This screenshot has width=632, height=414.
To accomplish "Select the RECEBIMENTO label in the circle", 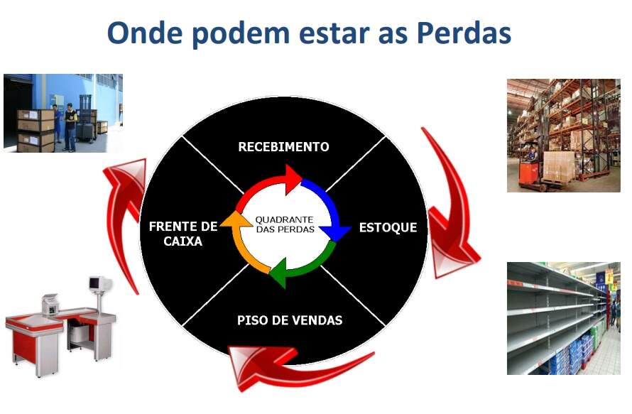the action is pos(283,147).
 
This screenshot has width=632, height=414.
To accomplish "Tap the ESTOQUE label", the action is pos(388,228).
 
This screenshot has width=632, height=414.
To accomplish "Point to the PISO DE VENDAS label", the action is pos(290,320).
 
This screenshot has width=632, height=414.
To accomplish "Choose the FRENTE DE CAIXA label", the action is pos(183,234).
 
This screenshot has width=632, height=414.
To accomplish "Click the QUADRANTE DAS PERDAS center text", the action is pos(285,224).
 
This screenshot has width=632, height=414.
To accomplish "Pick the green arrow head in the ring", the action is pos(278,273).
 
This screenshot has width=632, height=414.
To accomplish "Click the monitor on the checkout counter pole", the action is pos(99,283).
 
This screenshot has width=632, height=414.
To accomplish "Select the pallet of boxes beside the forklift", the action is pos(559,167).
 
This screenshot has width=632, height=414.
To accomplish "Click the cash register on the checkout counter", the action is pos(51,305).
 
